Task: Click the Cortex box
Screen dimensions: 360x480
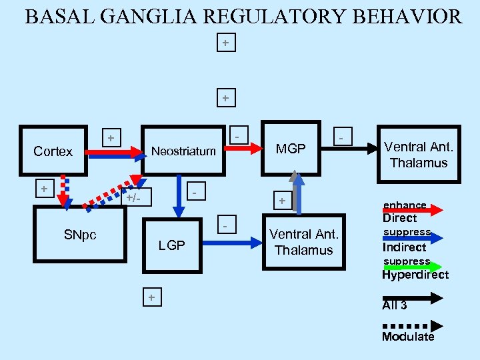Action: pyautogui.click(x=53, y=152)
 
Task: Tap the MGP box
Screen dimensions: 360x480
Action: pyautogui.click(x=291, y=149)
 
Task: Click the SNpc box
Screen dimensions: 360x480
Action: pyautogui.click(x=79, y=235)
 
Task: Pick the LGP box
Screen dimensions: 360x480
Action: pyautogui.click(x=171, y=245)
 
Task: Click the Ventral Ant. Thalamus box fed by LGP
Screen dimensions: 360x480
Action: pyautogui.click(x=304, y=242)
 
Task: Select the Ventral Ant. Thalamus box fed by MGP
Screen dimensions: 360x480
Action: pyautogui.click(x=419, y=155)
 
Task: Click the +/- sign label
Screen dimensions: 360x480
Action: pyautogui.click(x=139, y=198)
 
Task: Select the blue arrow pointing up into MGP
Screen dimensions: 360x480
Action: pyautogui.click(x=299, y=193)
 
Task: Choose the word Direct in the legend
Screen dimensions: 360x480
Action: pyautogui.click(x=399, y=218)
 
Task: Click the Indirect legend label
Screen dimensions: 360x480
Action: pyautogui.click(x=404, y=247)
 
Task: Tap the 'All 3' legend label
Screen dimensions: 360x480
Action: pyautogui.click(x=394, y=305)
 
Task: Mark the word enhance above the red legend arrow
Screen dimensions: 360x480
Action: pyautogui.click(x=405, y=205)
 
